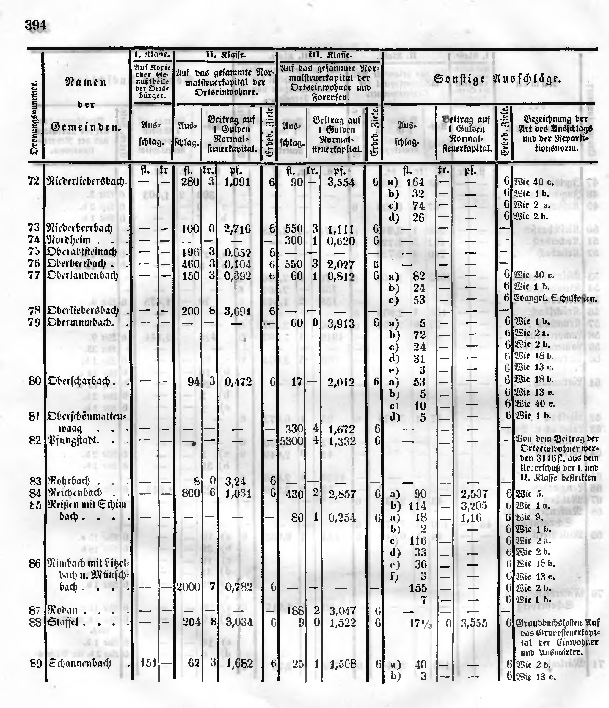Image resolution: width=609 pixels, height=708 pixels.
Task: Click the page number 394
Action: point(35,25)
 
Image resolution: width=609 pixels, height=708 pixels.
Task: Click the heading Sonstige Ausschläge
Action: point(497,79)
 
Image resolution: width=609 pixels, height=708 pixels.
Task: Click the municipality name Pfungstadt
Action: point(73,440)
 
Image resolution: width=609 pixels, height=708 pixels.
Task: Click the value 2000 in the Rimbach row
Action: point(188,587)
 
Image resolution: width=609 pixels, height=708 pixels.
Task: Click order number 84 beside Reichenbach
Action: point(35,493)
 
